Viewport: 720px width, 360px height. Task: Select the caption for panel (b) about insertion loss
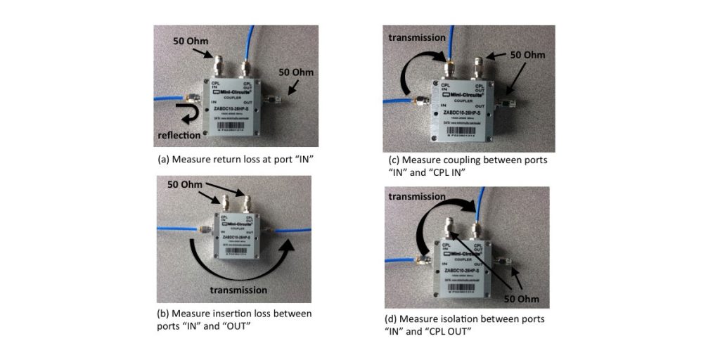231,319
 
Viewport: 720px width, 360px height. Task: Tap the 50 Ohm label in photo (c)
525,54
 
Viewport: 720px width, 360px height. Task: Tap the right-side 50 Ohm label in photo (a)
296,72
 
